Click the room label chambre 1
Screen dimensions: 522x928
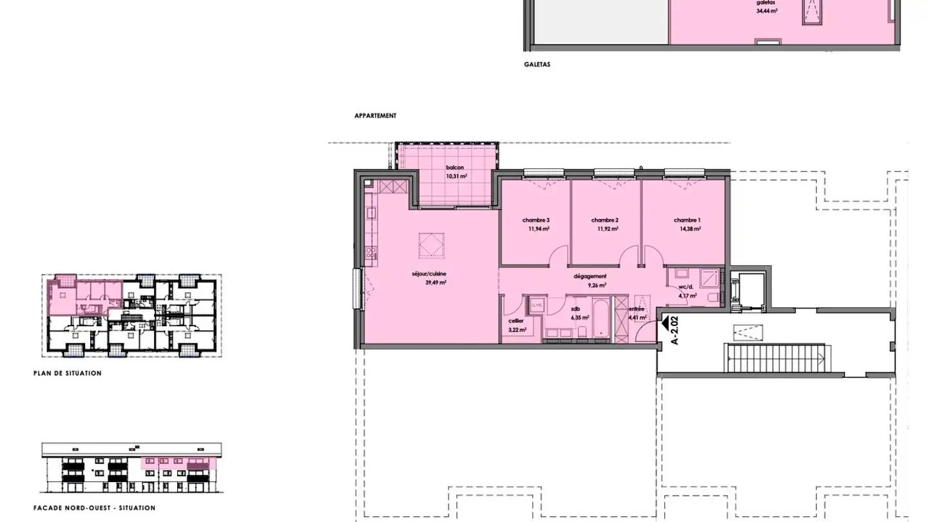tap(687, 220)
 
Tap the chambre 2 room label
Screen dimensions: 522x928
tap(604, 220)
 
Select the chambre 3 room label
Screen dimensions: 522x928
tap(536, 220)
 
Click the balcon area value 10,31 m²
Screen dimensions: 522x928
tap(456, 176)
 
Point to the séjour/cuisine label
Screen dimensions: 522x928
tap(429, 273)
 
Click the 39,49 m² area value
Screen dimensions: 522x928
tap(436, 282)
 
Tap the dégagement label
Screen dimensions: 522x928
tap(590, 276)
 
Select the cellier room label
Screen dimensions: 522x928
tap(516, 321)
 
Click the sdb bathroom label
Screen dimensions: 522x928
tap(575, 309)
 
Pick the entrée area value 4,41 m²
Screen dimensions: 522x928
tap(636, 317)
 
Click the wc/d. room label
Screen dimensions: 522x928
tap(685, 287)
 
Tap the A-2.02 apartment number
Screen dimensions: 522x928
tap(675, 331)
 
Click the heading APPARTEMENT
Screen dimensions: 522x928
tap(375, 116)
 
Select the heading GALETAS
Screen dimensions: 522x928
tap(537, 64)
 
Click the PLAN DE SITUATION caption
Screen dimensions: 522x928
tap(67, 373)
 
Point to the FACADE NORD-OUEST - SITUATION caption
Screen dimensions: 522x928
tap(94, 508)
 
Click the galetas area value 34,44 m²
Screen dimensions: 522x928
tap(767, 11)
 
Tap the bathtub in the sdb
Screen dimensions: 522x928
tap(601, 316)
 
